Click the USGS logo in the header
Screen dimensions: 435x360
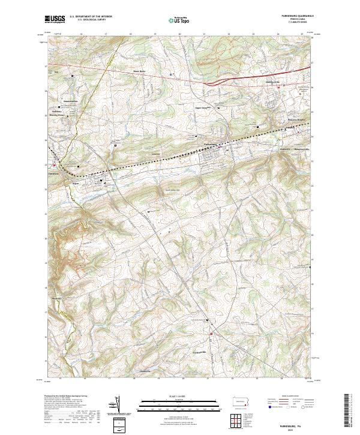pyautogui.click(x=55, y=19)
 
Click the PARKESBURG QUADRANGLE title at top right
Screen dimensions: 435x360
pyautogui.click(x=296, y=16)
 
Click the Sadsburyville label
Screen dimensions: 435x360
pyautogui.click(x=273, y=82)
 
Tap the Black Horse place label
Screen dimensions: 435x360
pyautogui.click(x=139, y=71)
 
